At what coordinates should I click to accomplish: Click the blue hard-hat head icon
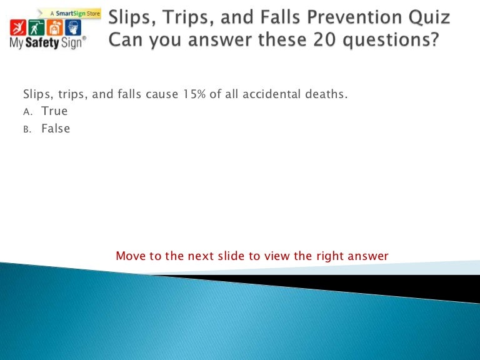click(x=76, y=27)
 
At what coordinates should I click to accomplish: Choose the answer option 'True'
click(x=54, y=111)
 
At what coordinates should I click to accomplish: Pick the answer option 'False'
click(x=56, y=129)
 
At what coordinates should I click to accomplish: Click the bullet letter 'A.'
click(x=27, y=112)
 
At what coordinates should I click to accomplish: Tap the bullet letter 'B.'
click(x=27, y=130)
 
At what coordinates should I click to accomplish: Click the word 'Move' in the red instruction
click(x=131, y=256)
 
